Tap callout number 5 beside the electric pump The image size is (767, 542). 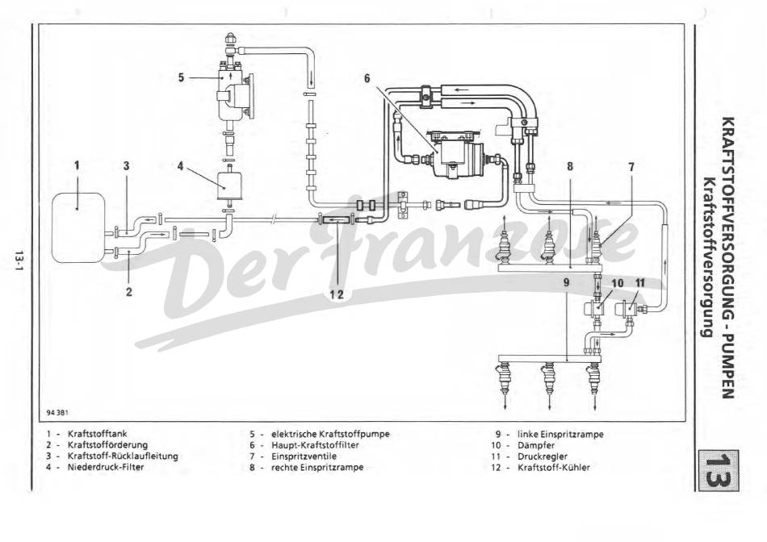pos(182,77)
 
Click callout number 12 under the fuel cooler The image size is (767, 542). pos(336,294)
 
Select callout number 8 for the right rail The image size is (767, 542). pos(570,166)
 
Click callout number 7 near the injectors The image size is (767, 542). pos(631,166)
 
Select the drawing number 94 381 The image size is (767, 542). pos(57,412)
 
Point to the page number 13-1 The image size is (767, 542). pos(17,260)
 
